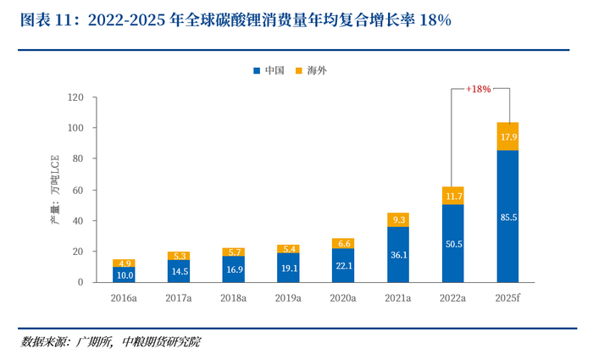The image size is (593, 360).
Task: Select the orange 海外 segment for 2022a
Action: pos(453,196)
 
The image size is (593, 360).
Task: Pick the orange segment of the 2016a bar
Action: pos(124,263)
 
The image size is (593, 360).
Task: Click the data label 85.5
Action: pos(507,218)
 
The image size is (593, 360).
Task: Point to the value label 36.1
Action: pos(398,254)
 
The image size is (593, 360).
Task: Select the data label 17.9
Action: pos(507,137)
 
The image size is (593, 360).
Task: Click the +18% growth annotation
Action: pos(479,87)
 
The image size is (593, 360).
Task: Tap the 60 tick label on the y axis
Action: pos(76,190)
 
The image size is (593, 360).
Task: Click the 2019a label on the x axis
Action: pos(288,297)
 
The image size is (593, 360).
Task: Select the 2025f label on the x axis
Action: pos(507,297)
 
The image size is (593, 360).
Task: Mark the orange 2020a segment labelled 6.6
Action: pos(343,243)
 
